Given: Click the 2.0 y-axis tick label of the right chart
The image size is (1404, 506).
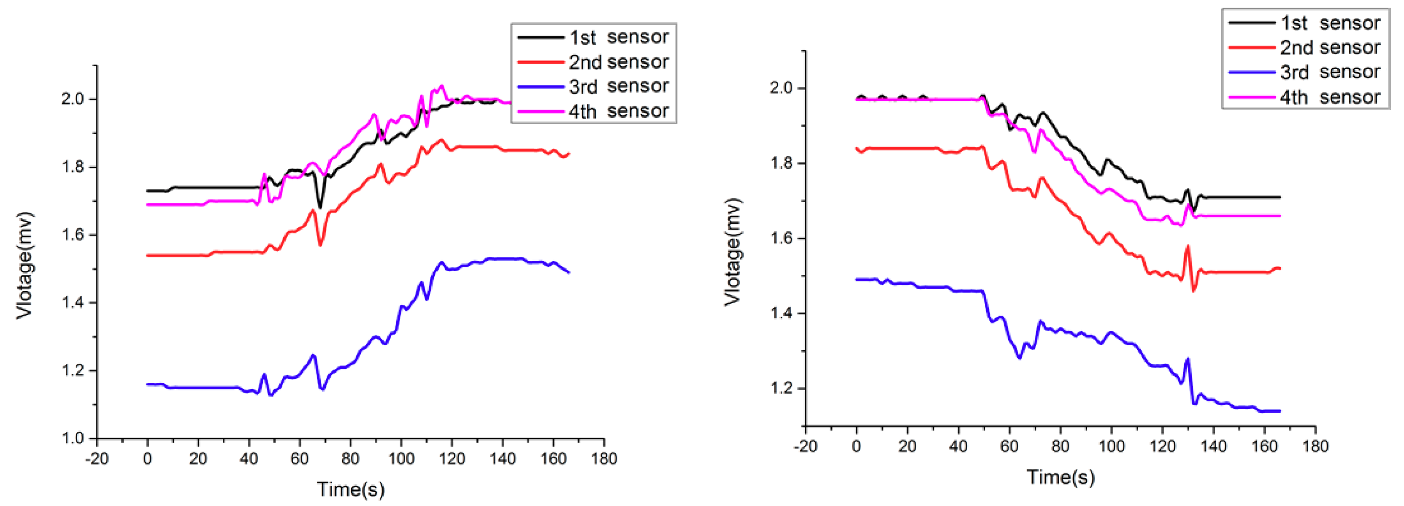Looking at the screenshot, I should pos(781,88).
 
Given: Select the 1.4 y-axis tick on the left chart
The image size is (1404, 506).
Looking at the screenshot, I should pos(73,303).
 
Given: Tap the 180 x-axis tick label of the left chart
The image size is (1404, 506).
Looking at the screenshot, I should pos(604,459).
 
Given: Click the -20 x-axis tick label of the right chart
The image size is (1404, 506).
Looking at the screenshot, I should pos(805,446).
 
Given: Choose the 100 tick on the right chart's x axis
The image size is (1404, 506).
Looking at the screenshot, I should pos(1111,446).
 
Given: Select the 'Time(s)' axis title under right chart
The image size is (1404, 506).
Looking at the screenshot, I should pos(1060,477).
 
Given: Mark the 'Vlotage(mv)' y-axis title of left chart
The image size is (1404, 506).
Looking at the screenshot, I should pos(24,265).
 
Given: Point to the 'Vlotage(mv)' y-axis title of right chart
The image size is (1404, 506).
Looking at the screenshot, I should pos(733,252).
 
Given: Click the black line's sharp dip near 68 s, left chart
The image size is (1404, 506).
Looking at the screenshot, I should pos(320,207).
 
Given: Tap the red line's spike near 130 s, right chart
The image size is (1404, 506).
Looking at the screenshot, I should pos(1188,246).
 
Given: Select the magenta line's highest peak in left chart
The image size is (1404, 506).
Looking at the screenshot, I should pos(441,86).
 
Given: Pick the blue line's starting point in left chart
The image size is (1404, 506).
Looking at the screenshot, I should pos(148,384).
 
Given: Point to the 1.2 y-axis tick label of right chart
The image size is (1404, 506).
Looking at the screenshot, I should pos(781,389).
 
